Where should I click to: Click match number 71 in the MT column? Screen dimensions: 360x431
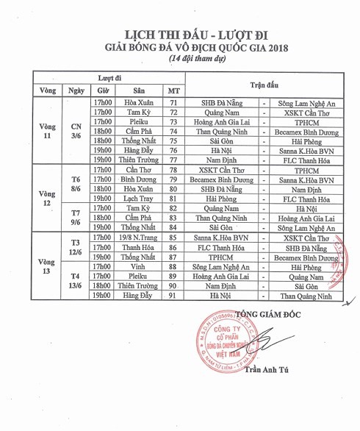pos(173,103)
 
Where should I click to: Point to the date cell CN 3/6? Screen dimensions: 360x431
pos(76,130)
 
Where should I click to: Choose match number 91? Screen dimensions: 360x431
pos(173,295)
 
